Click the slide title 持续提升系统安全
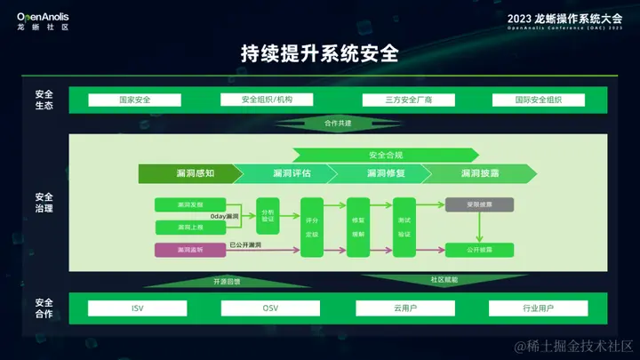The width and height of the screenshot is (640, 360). (x=319, y=52)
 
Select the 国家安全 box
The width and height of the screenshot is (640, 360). (x=134, y=100)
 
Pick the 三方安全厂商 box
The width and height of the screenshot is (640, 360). (x=397, y=100)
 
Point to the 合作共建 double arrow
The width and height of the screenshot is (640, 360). (x=339, y=123)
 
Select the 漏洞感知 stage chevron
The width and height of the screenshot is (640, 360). (x=188, y=172)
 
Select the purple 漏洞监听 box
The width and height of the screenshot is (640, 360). (x=190, y=250)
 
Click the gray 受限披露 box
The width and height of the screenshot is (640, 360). (x=478, y=204)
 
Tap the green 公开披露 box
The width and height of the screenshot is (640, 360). (x=478, y=250)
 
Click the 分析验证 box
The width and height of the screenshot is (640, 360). (x=268, y=214)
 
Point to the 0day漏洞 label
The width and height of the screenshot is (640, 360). (x=224, y=216)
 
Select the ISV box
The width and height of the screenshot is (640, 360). (x=137, y=308)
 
